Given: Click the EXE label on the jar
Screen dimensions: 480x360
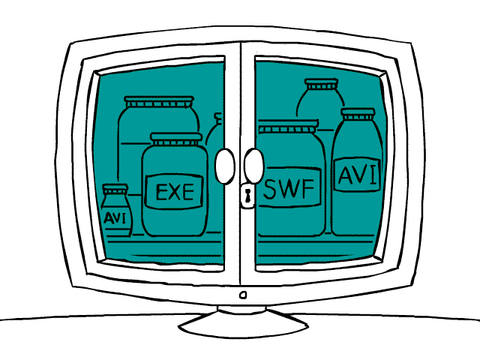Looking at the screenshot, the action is (175, 192).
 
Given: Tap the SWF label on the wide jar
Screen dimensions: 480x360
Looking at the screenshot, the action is (289, 187).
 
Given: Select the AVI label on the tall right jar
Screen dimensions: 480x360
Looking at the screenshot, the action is (357, 175).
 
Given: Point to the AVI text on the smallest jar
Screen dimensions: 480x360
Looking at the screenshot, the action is (115, 218).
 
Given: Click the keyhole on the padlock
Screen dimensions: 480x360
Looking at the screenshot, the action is (247, 196).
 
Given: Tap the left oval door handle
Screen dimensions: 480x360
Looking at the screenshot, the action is (225, 166).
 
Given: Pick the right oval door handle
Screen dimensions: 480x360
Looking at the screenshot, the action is (253, 166).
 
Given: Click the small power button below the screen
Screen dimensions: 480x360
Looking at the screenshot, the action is (243, 295).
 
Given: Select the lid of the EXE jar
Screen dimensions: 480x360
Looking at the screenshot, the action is (176, 139).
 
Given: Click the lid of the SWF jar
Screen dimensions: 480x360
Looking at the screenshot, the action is (288, 126).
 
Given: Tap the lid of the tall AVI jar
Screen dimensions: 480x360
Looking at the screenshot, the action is (358, 114).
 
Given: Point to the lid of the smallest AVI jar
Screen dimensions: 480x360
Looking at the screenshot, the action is (115, 188).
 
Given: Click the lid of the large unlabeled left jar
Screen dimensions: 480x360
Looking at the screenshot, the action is (159, 102).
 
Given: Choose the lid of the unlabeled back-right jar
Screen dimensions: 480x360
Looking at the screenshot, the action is (322, 84).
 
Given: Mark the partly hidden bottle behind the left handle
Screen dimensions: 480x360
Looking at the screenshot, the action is (214, 130).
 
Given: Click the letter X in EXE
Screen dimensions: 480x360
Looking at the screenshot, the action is (175, 192).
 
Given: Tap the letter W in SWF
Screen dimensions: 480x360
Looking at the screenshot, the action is (290, 188).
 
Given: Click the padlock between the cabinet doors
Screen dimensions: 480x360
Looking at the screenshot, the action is (247, 195).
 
